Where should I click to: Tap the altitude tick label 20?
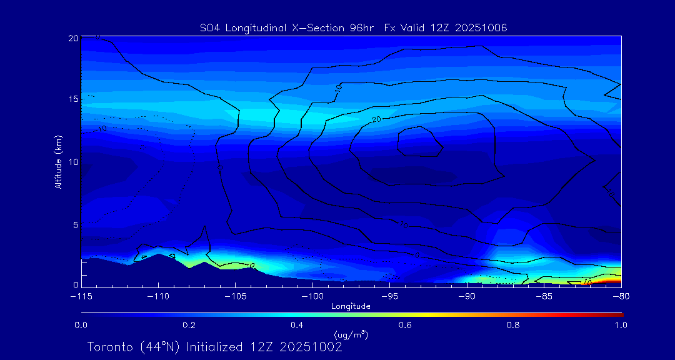point(72,38)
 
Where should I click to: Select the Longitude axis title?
point(351,306)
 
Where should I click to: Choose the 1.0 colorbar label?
point(621,325)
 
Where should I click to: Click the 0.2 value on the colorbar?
point(189,325)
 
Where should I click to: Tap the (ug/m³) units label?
point(351,335)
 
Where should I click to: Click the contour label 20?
point(376,119)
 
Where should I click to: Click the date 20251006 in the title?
point(484,27)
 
